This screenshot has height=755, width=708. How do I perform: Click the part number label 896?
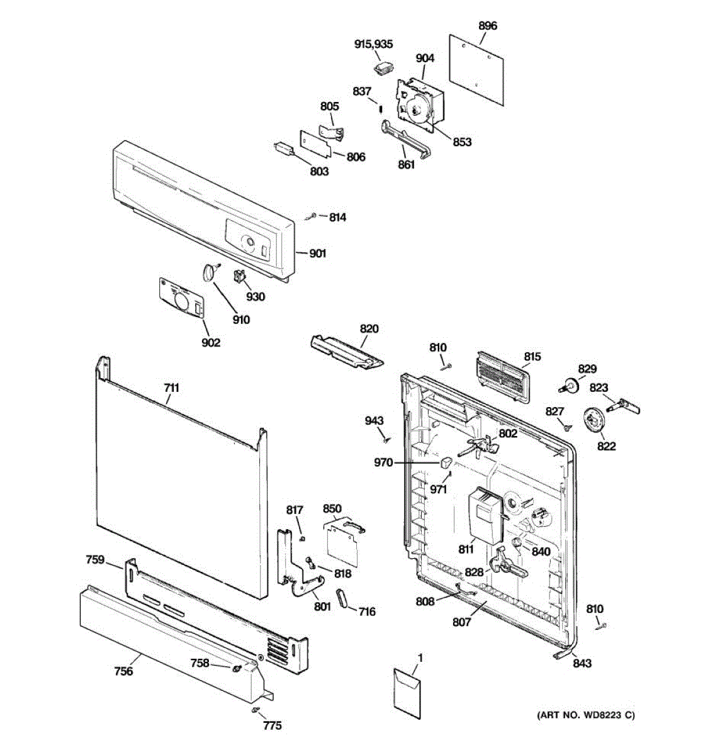click(x=488, y=26)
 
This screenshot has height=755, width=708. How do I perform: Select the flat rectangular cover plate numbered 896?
click(x=477, y=67)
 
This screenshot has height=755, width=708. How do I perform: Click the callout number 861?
click(x=407, y=165)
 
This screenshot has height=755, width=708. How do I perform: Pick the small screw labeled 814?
click(x=313, y=216)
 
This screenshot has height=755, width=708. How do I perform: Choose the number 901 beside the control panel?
click(x=318, y=254)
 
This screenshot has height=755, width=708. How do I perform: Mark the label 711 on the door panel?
click(x=172, y=388)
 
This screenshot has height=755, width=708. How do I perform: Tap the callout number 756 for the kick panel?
click(x=123, y=671)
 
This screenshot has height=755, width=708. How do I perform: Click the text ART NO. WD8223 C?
click(x=585, y=715)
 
